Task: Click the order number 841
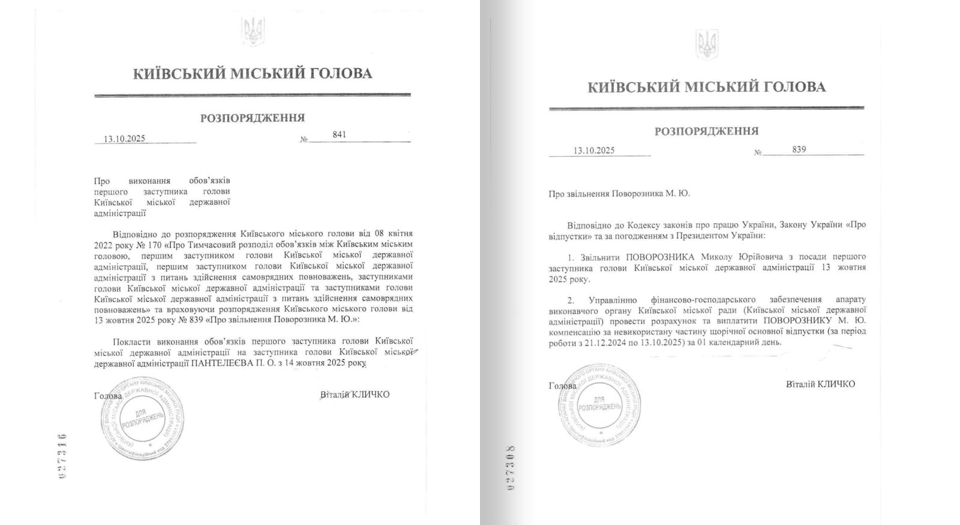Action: pyautogui.click(x=339, y=135)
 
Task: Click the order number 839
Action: pyautogui.click(x=799, y=149)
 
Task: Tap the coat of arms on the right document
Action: pyautogui.click(x=707, y=45)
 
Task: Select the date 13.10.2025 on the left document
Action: pyautogui.click(x=124, y=139)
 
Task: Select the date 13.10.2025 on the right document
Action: pyautogui.click(x=593, y=151)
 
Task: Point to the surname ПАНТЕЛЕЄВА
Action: pyautogui.click(x=221, y=364)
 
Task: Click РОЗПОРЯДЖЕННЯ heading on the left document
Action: pyautogui.click(x=252, y=118)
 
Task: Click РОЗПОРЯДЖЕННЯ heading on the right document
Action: pyautogui.click(x=706, y=131)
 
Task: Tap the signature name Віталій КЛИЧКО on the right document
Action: pyautogui.click(x=820, y=384)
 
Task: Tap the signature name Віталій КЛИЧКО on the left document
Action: pyautogui.click(x=355, y=394)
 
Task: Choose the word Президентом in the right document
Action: pyautogui.click(x=698, y=236)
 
